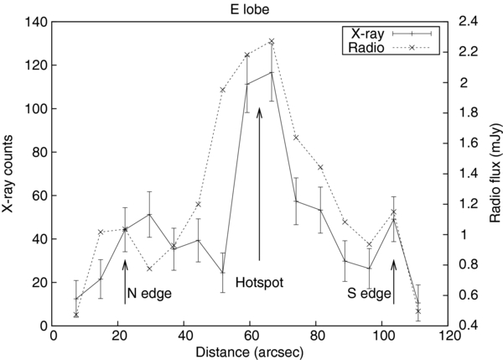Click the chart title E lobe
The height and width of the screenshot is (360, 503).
pyautogui.click(x=252, y=9)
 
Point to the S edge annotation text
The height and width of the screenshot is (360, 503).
pyautogui.click(x=369, y=295)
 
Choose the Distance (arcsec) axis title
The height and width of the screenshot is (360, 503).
pyautogui.click(x=252, y=350)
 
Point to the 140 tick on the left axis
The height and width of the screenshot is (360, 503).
pyautogui.click(x=37, y=22)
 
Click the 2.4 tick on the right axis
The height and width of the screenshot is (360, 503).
pyautogui.click(x=466, y=22)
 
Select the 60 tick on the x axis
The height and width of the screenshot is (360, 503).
pyautogui.click(x=251, y=336)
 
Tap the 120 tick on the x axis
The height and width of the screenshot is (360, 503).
pyautogui.click(x=449, y=336)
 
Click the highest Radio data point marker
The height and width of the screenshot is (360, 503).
pyautogui.click(x=272, y=41)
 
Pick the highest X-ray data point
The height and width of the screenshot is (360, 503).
pyautogui.click(x=272, y=73)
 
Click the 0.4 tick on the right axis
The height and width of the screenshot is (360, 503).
pyautogui.click(x=466, y=326)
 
